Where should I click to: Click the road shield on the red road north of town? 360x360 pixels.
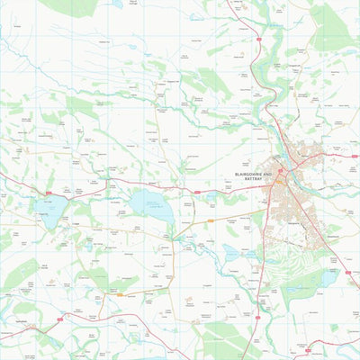coord(259,40)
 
